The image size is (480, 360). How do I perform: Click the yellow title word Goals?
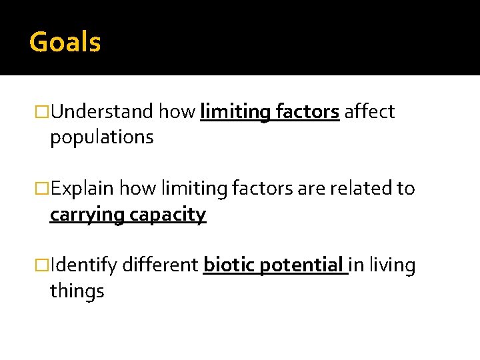[65, 43]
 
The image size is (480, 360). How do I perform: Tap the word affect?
[369, 111]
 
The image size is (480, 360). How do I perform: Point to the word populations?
[101, 137]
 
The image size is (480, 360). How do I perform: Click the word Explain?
[83, 189]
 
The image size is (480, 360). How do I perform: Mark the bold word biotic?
[229, 265]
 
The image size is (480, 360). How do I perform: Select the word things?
[77, 291]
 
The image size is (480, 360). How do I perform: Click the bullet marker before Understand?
[43, 112]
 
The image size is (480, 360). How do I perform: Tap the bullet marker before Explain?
[43, 189]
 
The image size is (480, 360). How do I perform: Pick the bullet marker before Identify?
[43, 266]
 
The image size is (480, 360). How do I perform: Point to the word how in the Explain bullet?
[139, 189]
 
